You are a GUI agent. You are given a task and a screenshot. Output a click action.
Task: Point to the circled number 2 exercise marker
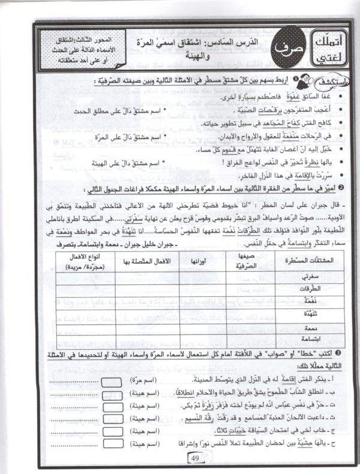click(x=338, y=189)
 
